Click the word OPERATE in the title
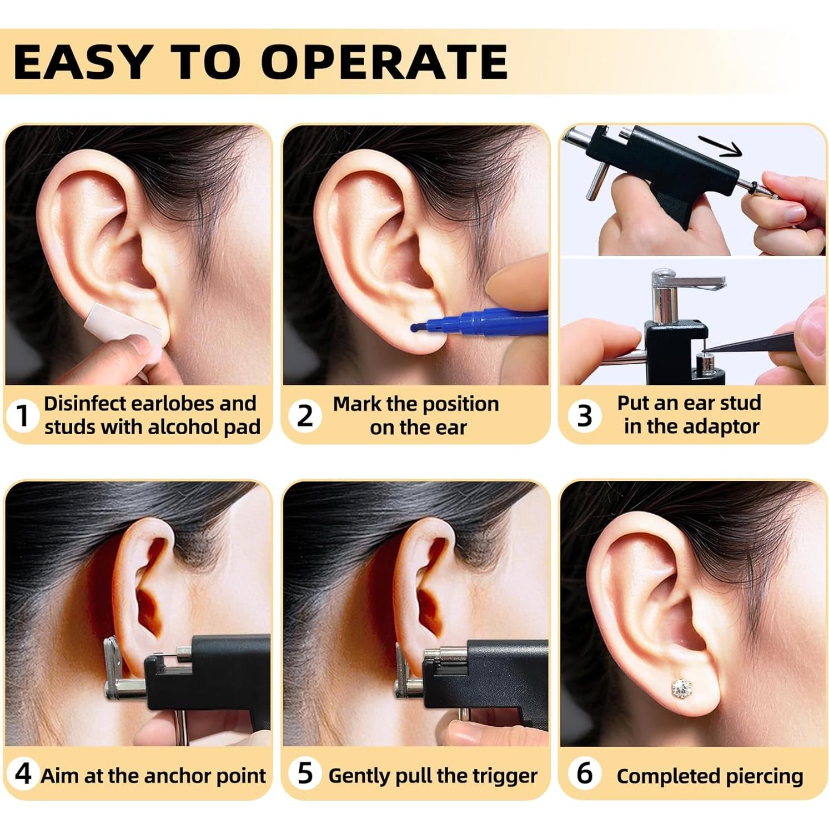384,62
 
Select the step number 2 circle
305,415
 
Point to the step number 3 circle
584,415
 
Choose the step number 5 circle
305,773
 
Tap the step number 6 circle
584,773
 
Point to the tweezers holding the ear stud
761,341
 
